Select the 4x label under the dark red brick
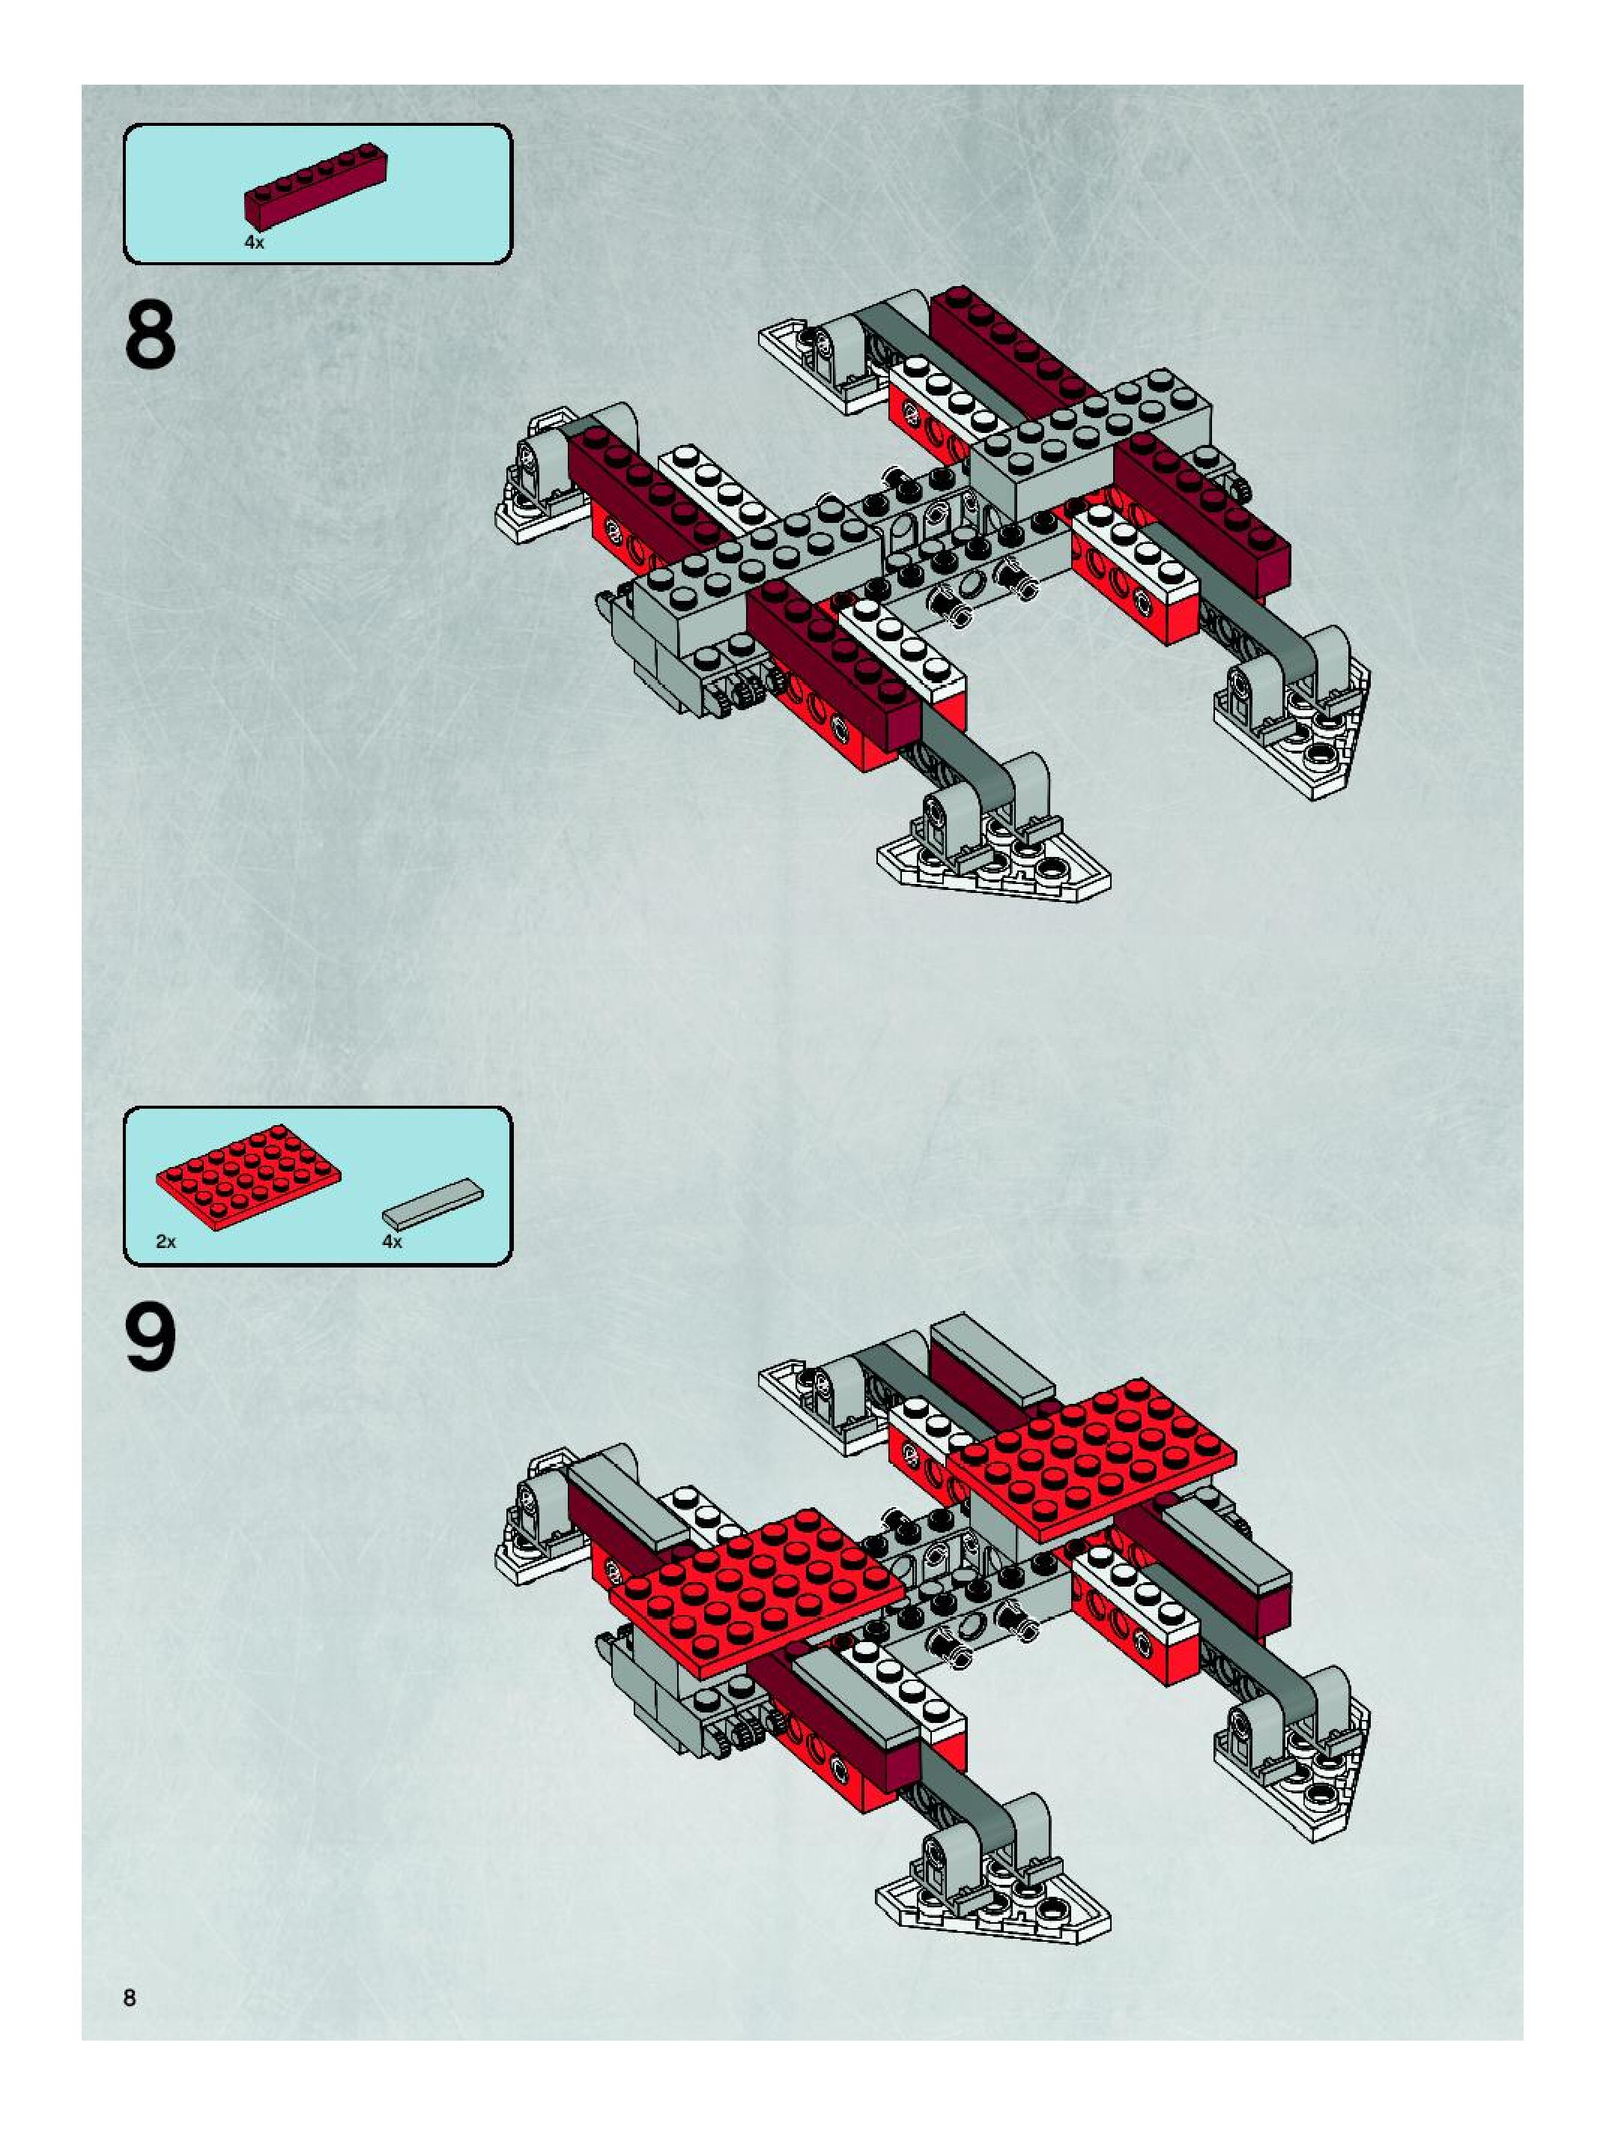pos(254,243)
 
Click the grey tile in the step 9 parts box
pos(433,1203)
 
